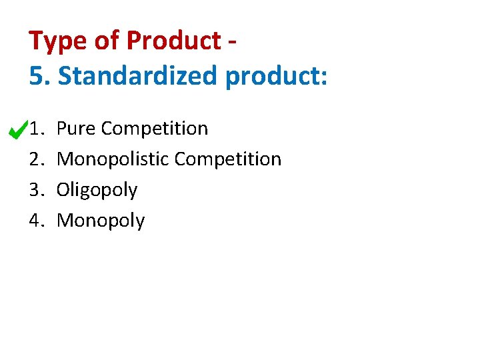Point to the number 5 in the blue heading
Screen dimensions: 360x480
pyautogui.click(x=36, y=76)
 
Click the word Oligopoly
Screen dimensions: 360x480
pyautogui.click(x=97, y=191)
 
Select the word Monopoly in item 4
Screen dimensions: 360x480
pyautogui.click(x=101, y=221)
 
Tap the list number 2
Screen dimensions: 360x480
pyautogui.click(x=36, y=159)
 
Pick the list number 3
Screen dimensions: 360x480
pyautogui.click(x=36, y=190)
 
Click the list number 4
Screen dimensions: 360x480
pyautogui.click(x=36, y=221)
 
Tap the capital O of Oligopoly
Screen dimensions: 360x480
pyautogui.click(x=63, y=190)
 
